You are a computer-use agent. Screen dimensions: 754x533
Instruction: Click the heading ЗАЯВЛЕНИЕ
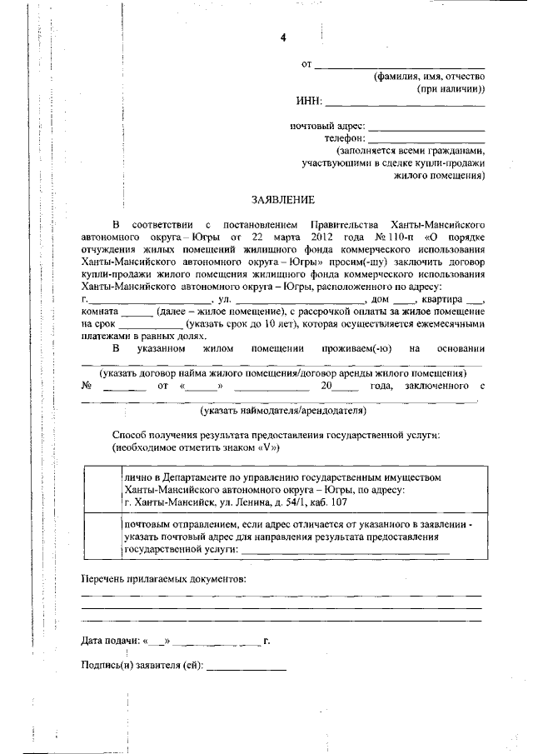tap(283, 200)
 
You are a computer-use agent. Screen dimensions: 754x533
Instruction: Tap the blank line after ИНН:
tap(404, 104)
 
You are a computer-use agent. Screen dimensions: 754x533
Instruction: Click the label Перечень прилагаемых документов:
tap(163, 578)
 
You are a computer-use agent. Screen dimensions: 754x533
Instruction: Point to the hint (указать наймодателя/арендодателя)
tap(282, 411)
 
